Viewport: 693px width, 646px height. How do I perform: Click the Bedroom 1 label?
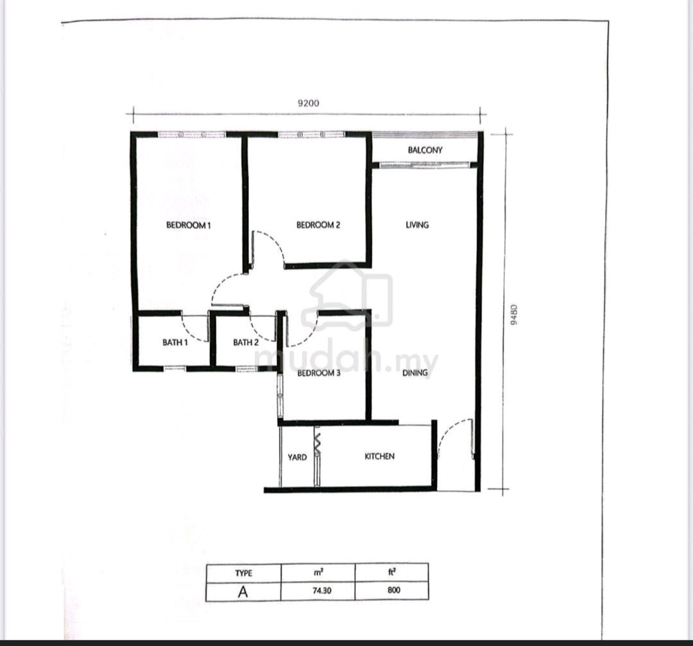point(188,225)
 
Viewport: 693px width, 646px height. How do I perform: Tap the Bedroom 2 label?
point(318,225)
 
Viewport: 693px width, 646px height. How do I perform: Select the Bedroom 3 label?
point(319,373)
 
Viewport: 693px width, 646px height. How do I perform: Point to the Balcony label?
point(425,150)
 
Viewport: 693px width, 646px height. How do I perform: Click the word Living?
point(417,225)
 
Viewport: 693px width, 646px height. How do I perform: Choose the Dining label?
point(415,373)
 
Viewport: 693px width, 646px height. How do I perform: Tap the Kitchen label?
point(380,457)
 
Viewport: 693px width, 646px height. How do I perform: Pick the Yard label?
point(297,457)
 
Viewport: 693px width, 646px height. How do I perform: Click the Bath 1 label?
point(175,343)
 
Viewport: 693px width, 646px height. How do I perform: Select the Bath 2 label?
point(246,343)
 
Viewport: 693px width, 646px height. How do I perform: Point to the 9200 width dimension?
point(309,103)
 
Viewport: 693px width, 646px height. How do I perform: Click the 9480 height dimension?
point(513,314)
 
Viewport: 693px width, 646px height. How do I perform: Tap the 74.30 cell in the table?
point(321,590)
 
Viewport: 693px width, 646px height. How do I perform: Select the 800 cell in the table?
point(393,590)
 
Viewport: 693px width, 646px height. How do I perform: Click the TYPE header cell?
point(244,573)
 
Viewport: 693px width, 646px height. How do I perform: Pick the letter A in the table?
point(243,591)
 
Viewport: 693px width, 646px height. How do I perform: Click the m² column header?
point(318,572)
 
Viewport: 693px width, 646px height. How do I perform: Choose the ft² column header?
point(391,572)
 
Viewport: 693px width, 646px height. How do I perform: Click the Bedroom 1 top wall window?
point(192,135)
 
